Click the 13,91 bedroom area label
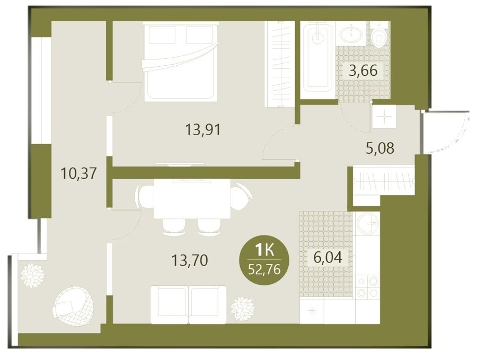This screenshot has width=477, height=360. (x=202, y=130)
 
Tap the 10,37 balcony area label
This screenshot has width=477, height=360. (x=79, y=173)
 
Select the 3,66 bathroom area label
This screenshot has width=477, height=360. (x=363, y=71)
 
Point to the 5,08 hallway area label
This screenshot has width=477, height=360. (x=380, y=148)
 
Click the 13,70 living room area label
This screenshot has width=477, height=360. (x=190, y=260)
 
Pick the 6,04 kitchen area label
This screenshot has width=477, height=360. (x=328, y=258)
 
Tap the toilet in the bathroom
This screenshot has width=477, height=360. (x=379, y=34)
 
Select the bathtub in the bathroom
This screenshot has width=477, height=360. (x=318, y=58)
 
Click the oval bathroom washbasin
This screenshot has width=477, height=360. (x=351, y=33)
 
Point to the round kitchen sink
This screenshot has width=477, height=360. (x=367, y=224)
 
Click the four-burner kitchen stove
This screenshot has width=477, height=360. (x=367, y=286)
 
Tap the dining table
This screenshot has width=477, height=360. (x=192, y=199)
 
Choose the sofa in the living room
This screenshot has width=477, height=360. (x=189, y=305)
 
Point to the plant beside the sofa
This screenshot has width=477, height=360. (x=242, y=309)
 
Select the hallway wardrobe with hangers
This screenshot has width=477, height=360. (x=384, y=182)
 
